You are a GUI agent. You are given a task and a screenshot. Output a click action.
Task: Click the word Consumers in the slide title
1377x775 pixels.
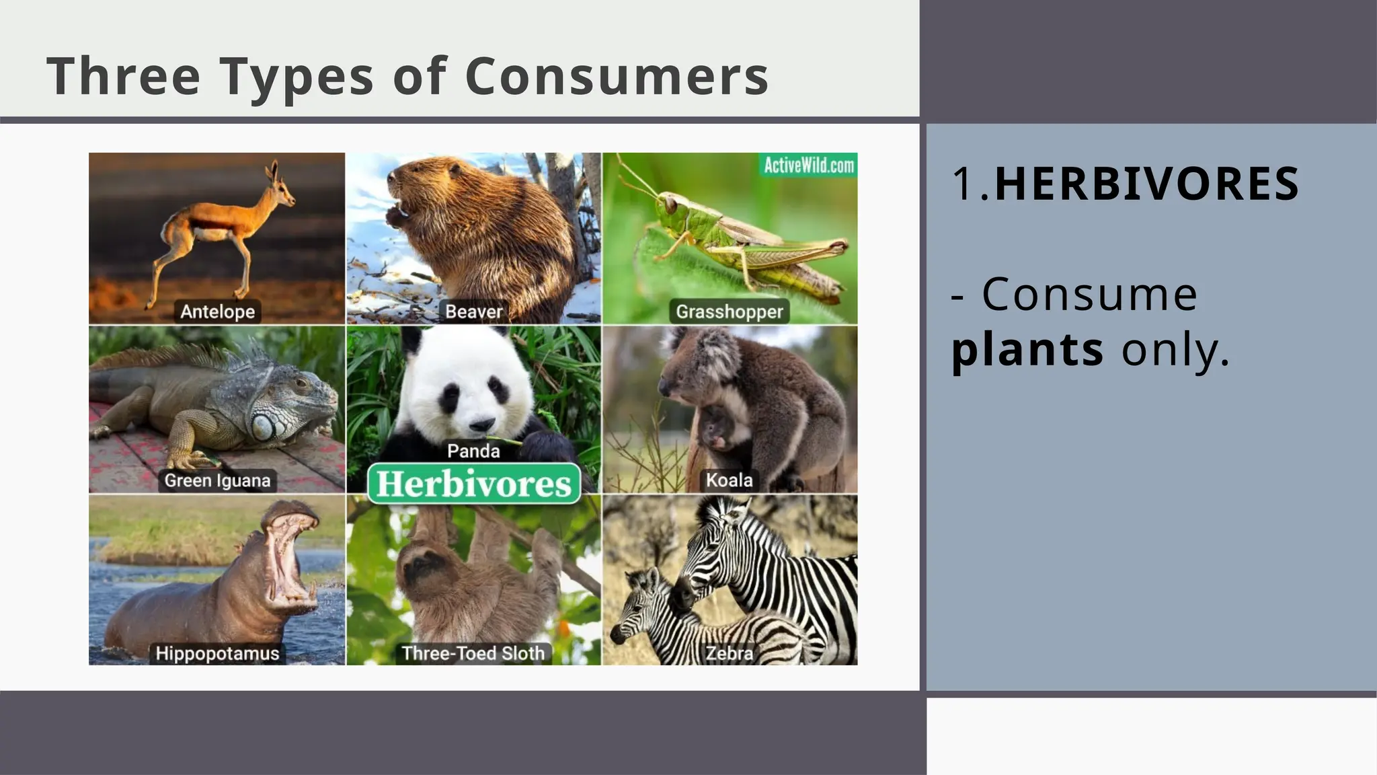click(x=616, y=76)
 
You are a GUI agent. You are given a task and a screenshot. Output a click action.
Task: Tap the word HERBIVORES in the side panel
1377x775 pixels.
click(x=1146, y=184)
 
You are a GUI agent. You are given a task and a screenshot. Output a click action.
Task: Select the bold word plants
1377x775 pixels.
click(x=1027, y=349)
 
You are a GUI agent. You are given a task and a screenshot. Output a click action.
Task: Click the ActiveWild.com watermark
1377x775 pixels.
click(x=809, y=165)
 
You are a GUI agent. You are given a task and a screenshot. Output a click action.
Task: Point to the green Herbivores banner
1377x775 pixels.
click(x=473, y=484)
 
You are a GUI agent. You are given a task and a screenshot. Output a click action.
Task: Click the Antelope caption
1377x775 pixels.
click(x=217, y=311)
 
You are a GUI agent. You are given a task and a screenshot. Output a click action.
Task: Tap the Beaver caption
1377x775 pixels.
click(x=473, y=311)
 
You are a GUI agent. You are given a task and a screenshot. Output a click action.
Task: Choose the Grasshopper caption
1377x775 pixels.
click(x=730, y=311)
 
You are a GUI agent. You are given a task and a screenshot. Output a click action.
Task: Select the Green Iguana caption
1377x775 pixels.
click(x=217, y=480)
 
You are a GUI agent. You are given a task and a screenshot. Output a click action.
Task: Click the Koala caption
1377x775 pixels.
click(x=729, y=480)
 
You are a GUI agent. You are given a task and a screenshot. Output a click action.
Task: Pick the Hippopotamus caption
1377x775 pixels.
click(x=217, y=653)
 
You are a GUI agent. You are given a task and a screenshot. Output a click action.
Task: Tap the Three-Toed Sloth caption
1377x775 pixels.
click(x=473, y=653)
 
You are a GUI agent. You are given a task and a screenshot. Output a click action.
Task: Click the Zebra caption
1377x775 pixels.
click(x=729, y=653)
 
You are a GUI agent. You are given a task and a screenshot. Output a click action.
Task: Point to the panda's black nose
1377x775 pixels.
click(x=481, y=425)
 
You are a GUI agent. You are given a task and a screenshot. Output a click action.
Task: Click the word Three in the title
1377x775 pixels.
click(x=123, y=76)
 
